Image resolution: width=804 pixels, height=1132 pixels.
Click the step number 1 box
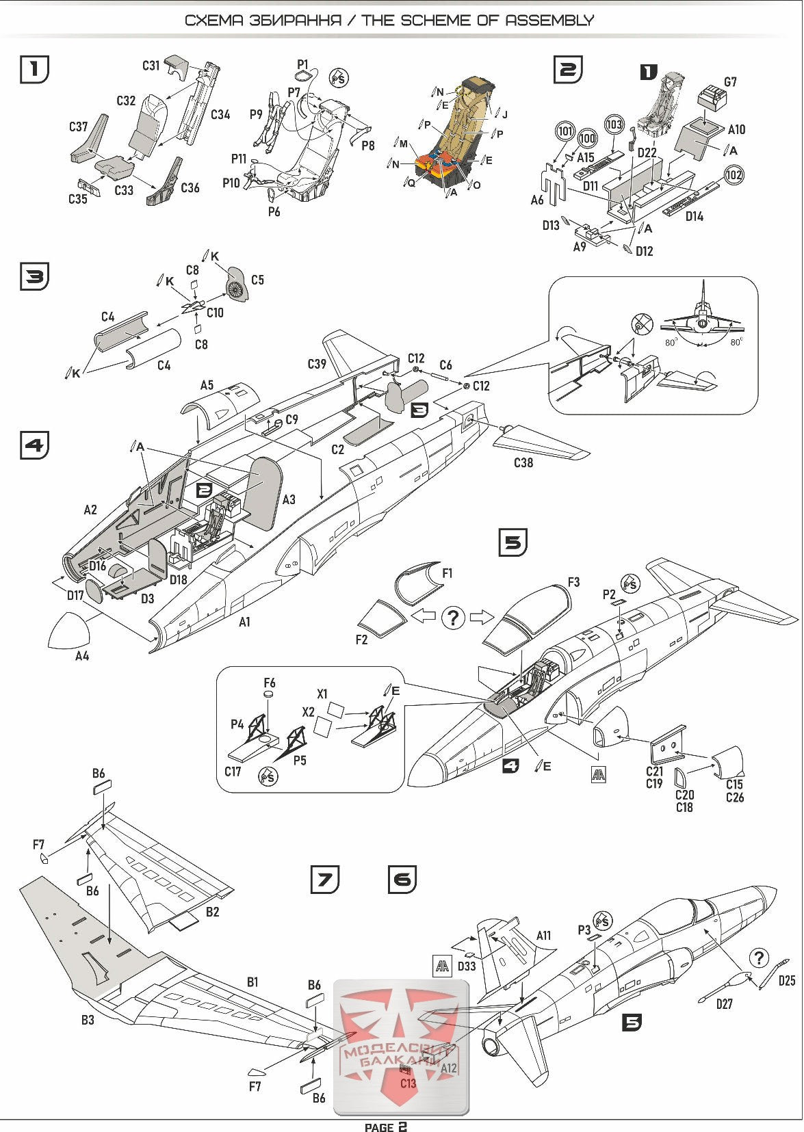(35, 69)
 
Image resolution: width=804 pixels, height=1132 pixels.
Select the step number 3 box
(35, 277)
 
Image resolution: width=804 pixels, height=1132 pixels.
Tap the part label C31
(151, 66)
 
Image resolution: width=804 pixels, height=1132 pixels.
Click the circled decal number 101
(565, 131)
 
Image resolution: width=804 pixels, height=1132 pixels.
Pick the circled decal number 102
(733, 174)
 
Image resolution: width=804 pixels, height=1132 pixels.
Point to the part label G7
(730, 82)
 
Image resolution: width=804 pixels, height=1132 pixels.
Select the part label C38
(523, 463)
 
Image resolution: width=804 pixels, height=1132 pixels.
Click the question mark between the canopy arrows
(452, 617)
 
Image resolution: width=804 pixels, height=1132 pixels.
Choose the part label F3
(573, 582)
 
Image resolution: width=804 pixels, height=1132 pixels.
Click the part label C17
(233, 772)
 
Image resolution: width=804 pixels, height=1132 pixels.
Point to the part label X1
(322, 694)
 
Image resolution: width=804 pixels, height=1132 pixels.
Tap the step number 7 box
(324, 879)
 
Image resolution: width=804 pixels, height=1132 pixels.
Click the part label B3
(88, 1020)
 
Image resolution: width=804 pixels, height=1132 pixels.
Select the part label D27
(724, 1004)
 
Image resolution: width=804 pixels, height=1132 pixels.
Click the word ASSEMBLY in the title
(549, 20)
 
